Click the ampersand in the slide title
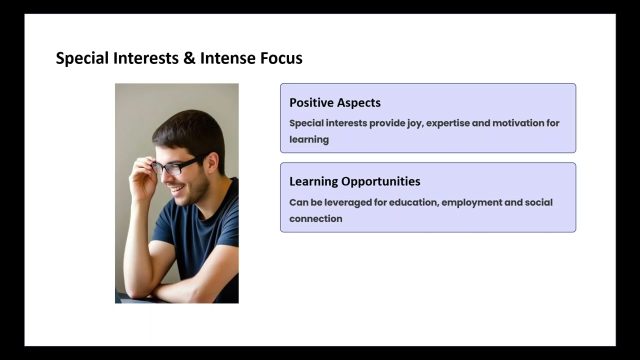pos(189,58)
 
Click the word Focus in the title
pos(281,58)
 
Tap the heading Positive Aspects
pos(335,102)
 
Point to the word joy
pos(414,123)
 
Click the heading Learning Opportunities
pos(354,181)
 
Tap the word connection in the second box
pos(315,218)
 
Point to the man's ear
pos(211,163)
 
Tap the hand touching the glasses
pos(141,177)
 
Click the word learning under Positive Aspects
pos(308,139)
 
